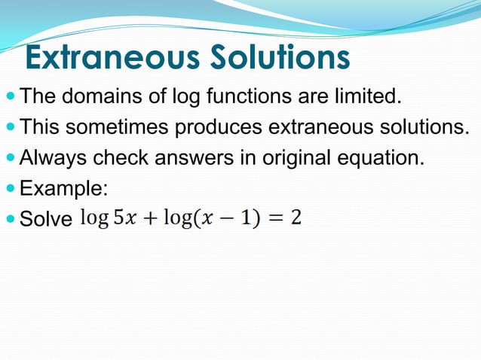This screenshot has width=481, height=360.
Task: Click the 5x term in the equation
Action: (x=123, y=218)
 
